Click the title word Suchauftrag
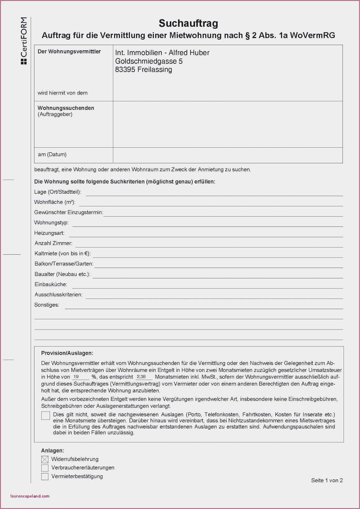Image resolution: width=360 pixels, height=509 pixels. [188, 23]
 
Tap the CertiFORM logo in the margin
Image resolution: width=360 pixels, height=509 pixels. [24, 41]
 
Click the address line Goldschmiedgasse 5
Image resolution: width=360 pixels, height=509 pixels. [149, 61]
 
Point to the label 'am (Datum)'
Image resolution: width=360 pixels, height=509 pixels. [52, 154]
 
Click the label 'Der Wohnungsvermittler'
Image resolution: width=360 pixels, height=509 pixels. [69, 52]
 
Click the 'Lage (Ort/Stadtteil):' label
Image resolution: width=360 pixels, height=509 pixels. [58, 192]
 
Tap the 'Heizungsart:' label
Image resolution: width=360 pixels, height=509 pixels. [49, 233]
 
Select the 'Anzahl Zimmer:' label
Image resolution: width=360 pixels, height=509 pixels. [53, 243]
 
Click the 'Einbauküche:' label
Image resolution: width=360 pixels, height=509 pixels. [51, 284]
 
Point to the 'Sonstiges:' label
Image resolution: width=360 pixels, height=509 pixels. [47, 305]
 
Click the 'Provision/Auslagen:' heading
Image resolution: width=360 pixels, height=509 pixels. [67, 353]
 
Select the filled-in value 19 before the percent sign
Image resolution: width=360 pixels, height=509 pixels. [76, 376]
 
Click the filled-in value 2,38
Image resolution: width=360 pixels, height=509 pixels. [141, 376]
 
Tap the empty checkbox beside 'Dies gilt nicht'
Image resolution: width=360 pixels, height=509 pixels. [46, 416]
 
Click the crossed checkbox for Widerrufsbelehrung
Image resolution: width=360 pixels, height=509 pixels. [45, 460]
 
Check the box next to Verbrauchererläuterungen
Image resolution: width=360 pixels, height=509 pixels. [45, 468]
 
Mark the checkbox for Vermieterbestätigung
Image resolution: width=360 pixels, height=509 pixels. [45, 476]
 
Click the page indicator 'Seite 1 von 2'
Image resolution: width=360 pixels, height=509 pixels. [327, 480]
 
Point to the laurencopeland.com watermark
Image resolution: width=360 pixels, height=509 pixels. [30, 496]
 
